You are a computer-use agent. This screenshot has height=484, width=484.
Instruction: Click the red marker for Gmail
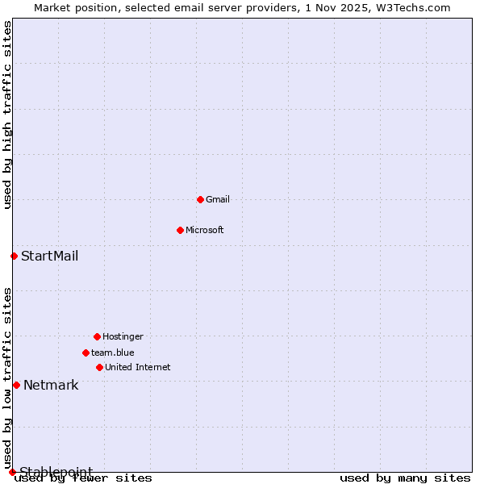click(200, 199)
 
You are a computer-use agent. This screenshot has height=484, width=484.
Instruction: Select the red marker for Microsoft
click(180, 230)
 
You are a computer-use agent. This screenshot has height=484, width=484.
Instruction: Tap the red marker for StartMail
click(14, 256)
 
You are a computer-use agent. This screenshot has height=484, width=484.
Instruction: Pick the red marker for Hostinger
click(97, 336)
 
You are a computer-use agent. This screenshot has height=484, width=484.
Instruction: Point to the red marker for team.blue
click(86, 353)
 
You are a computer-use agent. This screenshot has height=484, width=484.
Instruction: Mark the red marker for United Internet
click(99, 367)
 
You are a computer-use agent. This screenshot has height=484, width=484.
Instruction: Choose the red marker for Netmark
click(16, 385)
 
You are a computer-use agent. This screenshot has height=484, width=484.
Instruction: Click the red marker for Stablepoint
click(12, 472)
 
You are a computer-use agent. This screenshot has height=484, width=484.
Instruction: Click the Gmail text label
click(218, 199)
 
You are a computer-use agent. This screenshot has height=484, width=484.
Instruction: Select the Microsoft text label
click(205, 230)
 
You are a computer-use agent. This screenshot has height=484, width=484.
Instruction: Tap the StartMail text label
click(50, 257)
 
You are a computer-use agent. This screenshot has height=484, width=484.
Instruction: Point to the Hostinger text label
click(123, 336)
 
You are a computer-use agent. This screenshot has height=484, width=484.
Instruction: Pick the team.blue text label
click(113, 353)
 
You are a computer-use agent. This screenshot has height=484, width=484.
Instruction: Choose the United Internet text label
click(138, 367)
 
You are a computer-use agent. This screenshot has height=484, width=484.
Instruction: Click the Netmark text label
click(51, 386)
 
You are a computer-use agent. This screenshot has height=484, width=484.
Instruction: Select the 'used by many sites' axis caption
click(405, 478)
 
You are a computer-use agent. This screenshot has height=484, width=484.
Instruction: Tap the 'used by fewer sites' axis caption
click(84, 478)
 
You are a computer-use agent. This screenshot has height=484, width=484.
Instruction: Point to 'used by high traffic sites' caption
click(7, 115)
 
